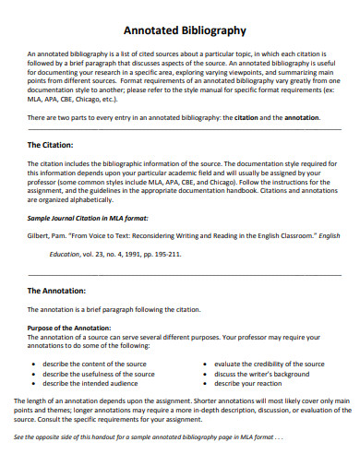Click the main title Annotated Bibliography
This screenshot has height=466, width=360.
[179, 30]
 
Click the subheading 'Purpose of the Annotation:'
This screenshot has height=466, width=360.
[69, 329]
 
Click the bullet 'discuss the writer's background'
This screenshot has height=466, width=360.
[260, 374]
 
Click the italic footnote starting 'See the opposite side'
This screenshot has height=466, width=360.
[161, 436]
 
